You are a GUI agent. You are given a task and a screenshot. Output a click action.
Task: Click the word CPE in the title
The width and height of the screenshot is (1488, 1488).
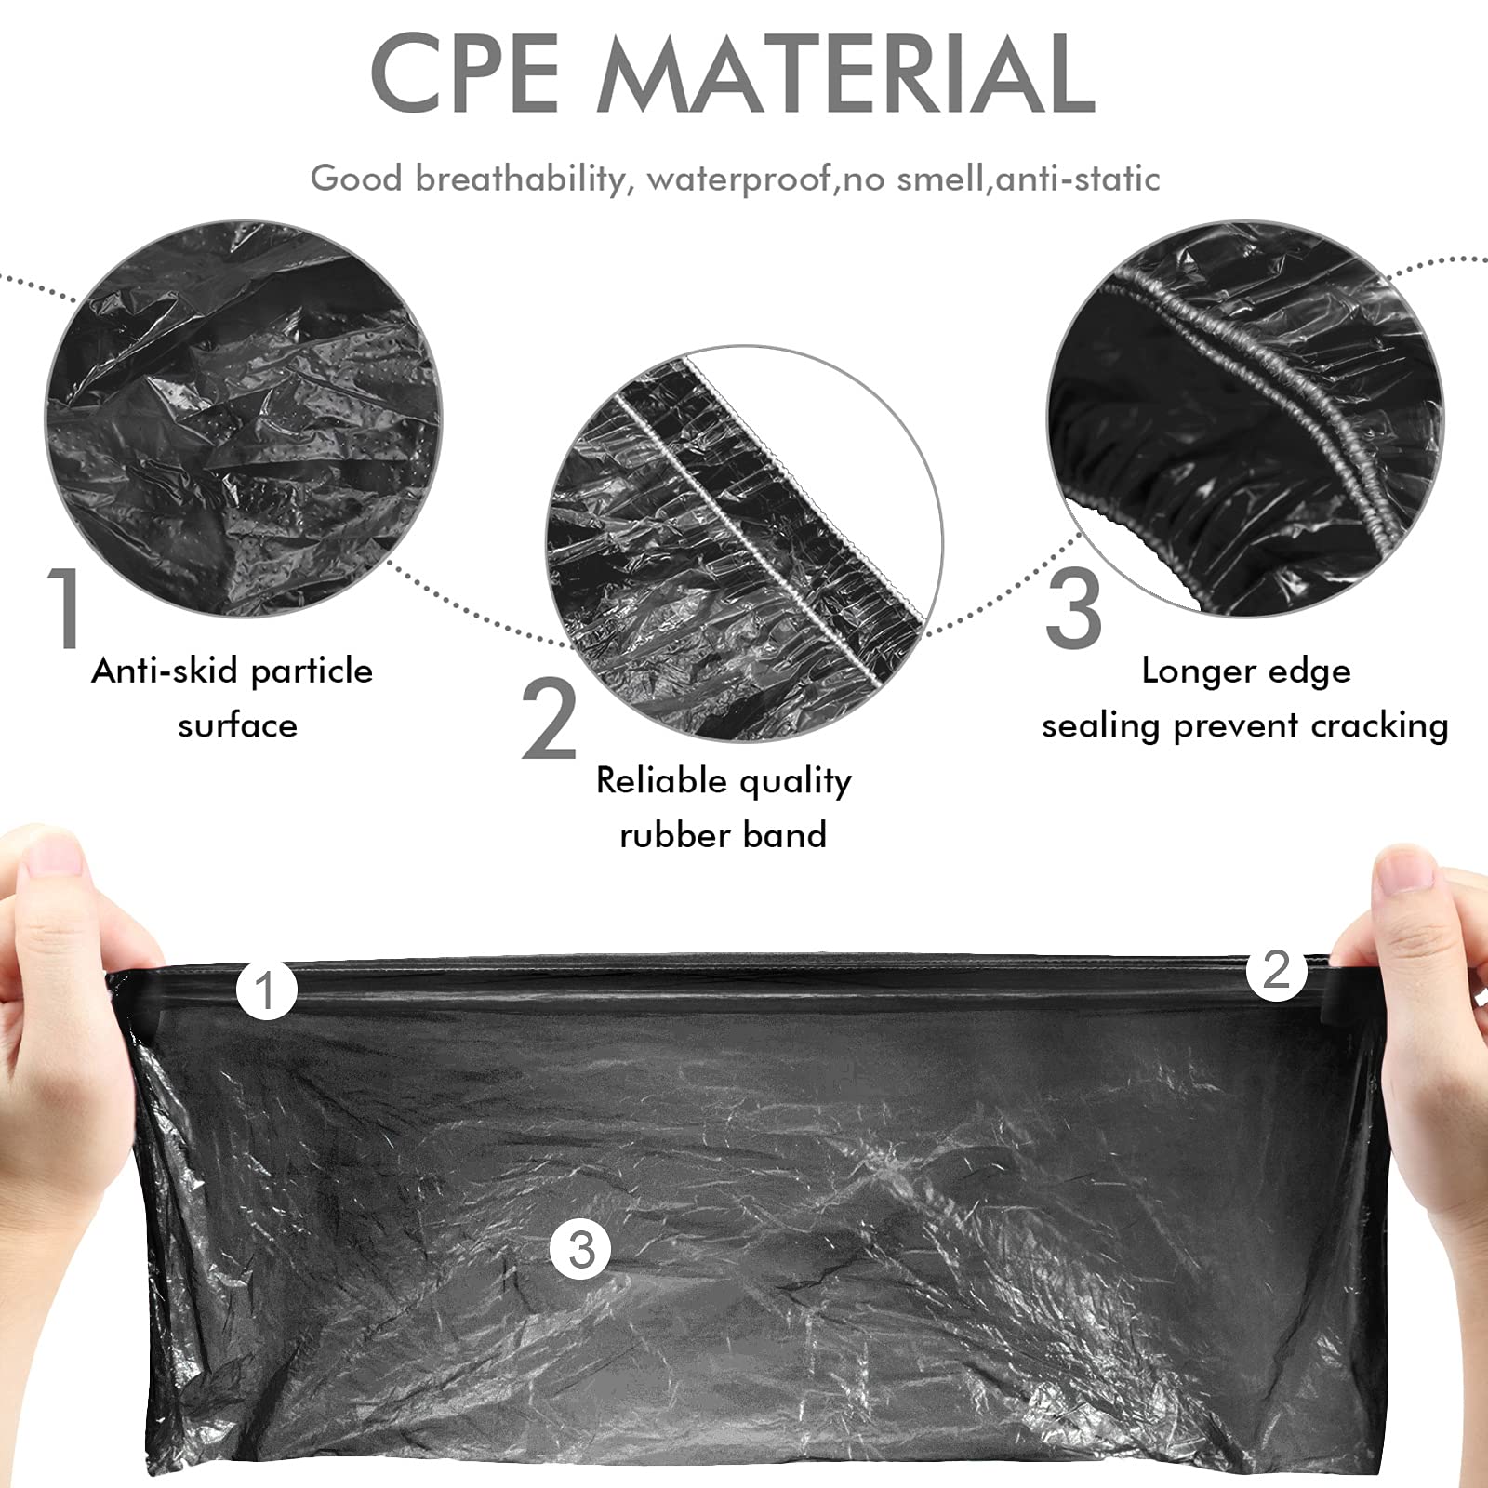[465, 73]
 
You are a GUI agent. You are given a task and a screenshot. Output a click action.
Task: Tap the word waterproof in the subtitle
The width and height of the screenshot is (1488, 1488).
[739, 179]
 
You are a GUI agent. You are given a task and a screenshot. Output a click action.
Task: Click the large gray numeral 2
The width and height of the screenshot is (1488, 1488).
[550, 719]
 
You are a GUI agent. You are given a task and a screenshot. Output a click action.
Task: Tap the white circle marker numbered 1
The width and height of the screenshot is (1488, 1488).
[267, 990]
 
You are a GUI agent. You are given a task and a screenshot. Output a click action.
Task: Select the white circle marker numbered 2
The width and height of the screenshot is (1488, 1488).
[1277, 970]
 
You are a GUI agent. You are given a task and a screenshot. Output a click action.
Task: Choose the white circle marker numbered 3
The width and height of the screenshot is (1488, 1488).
[581, 1248]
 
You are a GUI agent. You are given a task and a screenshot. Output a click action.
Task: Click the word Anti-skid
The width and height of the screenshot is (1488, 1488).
[165, 670]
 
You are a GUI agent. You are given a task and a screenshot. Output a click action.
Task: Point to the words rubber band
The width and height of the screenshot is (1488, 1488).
[724, 834]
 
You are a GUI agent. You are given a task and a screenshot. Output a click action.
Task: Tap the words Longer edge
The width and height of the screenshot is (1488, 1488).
[1246, 671]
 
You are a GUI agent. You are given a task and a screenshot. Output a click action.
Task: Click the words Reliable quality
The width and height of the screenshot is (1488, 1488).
[724, 781]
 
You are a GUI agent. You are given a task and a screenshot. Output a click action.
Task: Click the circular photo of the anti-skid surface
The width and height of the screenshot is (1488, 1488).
[244, 418]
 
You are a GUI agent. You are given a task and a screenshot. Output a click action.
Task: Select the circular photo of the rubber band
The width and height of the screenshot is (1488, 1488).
[744, 544]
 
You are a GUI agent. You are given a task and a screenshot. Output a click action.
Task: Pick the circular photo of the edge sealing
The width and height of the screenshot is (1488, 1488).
[1246, 418]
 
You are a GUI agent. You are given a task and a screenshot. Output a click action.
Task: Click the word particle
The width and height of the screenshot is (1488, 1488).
[312, 671]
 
